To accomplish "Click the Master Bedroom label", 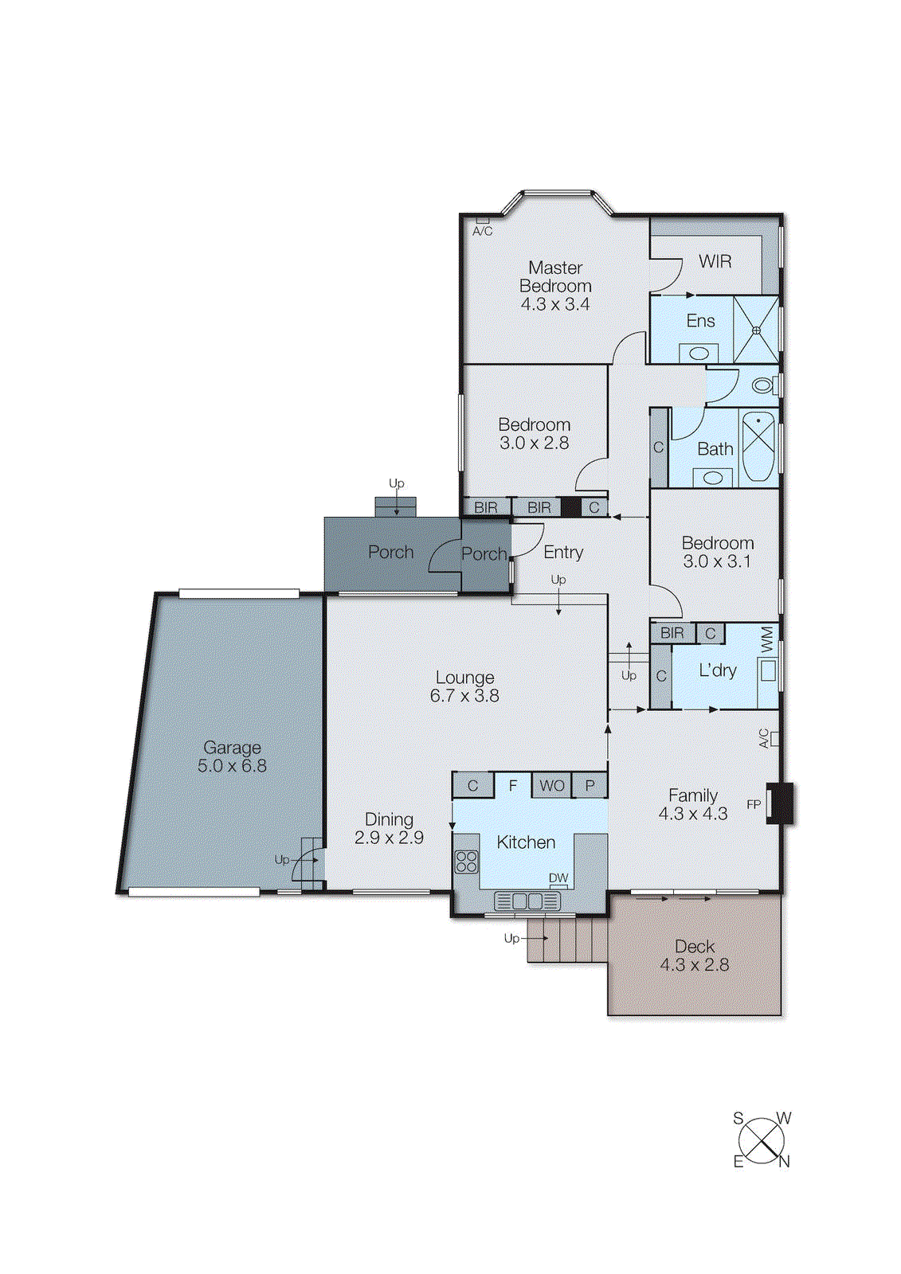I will (x=555, y=277).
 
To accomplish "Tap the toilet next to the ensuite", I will (x=762, y=386).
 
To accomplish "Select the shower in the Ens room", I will (x=755, y=330).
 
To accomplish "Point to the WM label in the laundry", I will (x=767, y=639).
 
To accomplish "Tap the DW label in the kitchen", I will (x=558, y=877).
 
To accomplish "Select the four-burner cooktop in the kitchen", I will (x=467, y=862).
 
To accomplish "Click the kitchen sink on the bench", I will (x=527, y=901).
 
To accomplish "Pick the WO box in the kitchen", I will (x=551, y=786).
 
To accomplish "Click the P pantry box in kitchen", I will (x=590, y=786).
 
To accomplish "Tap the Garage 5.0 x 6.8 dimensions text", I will (x=232, y=766).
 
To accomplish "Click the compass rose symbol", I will (x=762, y=1140).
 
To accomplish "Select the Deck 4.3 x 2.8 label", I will (x=694, y=955).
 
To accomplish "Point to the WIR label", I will (x=715, y=261).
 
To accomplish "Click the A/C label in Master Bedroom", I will (x=482, y=231).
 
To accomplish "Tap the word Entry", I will (x=563, y=552).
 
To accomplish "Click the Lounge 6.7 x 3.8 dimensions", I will (x=464, y=696).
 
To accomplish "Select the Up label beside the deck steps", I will (x=511, y=938).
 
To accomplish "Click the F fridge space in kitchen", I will (x=513, y=786).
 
